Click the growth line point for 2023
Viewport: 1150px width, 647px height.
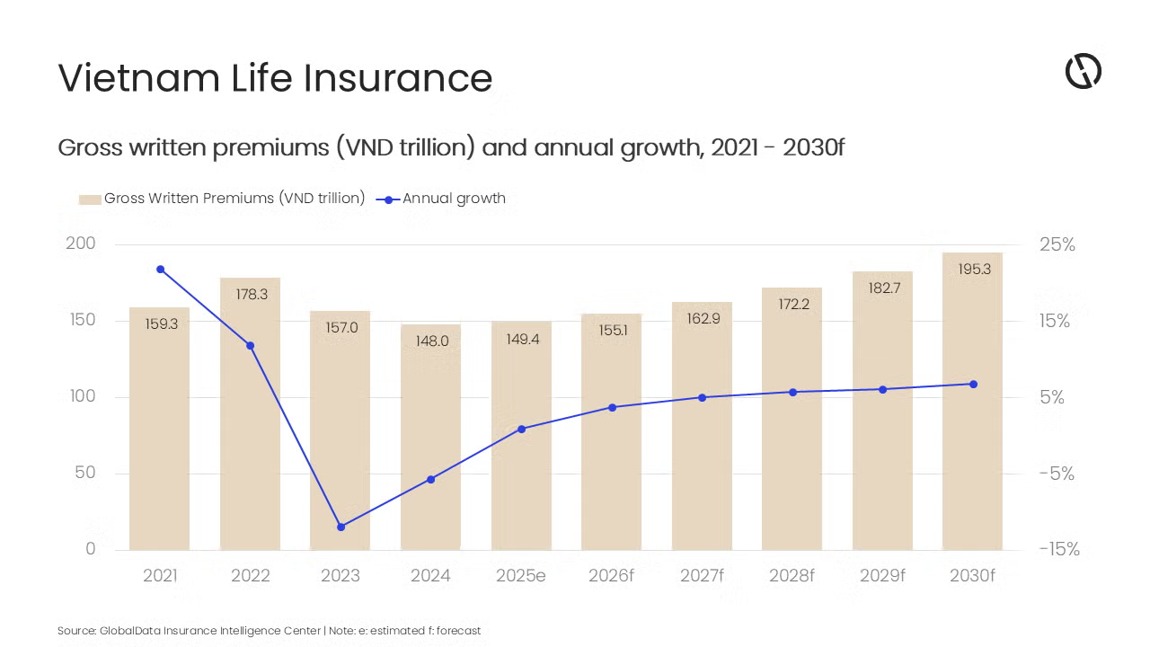pos(341,527)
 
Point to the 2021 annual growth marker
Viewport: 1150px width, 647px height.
pos(160,269)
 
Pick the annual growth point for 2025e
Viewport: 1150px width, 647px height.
pos(521,429)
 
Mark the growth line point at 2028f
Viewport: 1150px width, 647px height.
pos(792,392)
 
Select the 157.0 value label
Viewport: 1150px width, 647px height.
pos(341,328)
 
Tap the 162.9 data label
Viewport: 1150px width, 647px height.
pos(703,318)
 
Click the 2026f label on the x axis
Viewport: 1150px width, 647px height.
pos(612,576)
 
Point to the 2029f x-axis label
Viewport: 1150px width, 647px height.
pos(882,576)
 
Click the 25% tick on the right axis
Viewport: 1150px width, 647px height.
pos(1057,244)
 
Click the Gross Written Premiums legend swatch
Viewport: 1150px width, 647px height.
pos(89,199)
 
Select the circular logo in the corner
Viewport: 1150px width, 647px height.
pos(1083,71)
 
